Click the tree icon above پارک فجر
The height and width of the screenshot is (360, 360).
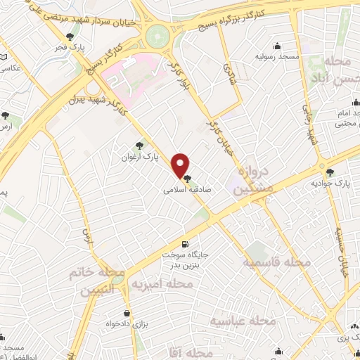point(69,37)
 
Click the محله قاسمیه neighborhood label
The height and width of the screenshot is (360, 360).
point(277,262)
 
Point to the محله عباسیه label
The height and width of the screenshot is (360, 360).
point(244,320)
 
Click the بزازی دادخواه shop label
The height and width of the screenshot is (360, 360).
point(126,324)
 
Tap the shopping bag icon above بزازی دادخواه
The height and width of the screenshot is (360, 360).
point(126,314)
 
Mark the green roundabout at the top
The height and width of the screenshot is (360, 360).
point(159,34)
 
